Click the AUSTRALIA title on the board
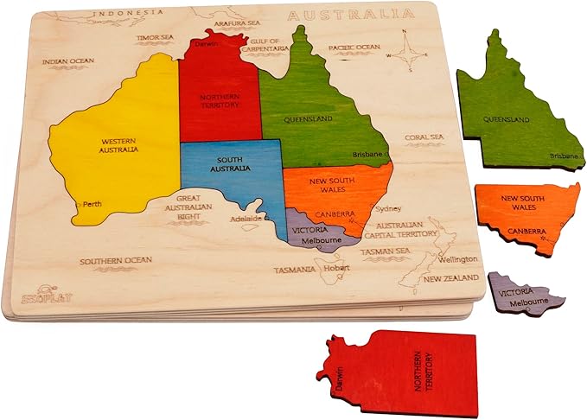coord(349,15)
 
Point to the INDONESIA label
coord(128,13)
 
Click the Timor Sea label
coord(155,37)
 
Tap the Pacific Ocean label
coord(354,48)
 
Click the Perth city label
coord(91,205)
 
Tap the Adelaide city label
coord(244,219)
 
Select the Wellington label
coord(457,259)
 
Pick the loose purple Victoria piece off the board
coord(524,294)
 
